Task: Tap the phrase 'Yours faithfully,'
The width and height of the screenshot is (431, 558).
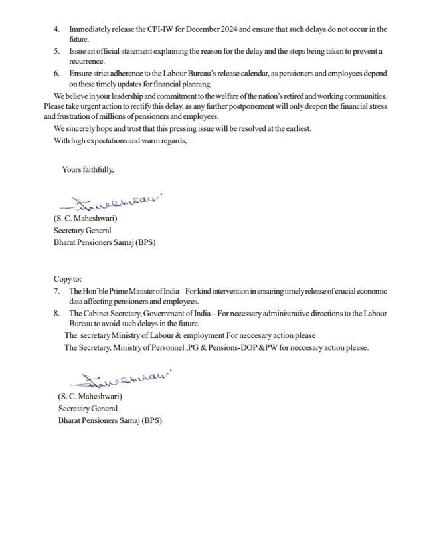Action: (87, 169)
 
